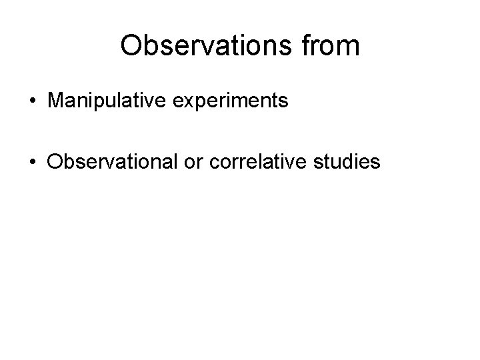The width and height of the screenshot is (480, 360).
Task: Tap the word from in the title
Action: pyautogui.click(x=334, y=45)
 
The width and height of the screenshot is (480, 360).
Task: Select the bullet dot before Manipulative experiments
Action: pyautogui.click(x=32, y=101)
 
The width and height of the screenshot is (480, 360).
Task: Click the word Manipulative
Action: pyautogui.click(x=105, y=101)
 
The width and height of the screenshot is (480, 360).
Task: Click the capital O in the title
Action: pyautogui.click(x=131, y=45)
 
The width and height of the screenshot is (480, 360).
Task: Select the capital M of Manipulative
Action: pyautogui.click(x=55, y=101)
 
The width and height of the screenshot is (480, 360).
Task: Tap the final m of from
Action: pyautogui.click(x=349, y=45)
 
